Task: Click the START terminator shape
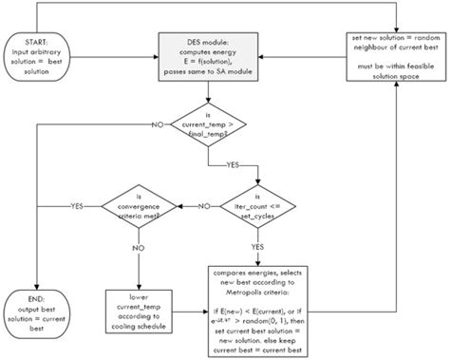tap(39, 58)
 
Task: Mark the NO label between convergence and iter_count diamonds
tap(202, 207)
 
